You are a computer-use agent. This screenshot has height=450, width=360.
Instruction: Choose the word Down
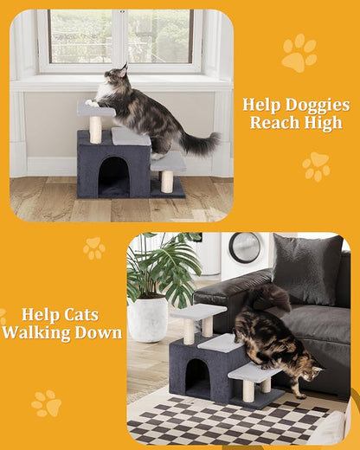click(x=98, y=333)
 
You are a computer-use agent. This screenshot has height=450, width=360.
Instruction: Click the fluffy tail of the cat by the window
click(x=199, y=143)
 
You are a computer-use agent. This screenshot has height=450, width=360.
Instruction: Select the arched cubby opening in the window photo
click(x=113, y=177)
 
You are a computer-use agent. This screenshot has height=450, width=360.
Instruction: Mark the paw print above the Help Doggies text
click(x=299, y=53)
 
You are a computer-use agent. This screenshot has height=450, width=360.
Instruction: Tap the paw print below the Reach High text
click(x=316, y=166)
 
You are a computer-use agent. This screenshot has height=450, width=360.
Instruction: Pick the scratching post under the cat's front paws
click(x=95, y=129)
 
